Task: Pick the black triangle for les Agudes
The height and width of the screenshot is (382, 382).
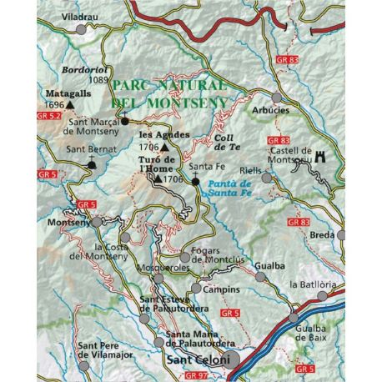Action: [x=175, y=147]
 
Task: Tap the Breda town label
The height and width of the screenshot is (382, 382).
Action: [x=321, y=235]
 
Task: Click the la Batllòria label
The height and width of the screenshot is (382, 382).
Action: [x=312, y=284]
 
